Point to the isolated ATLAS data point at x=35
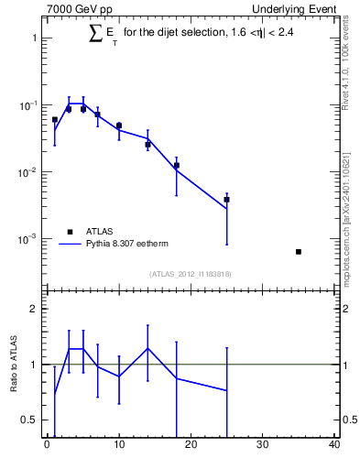[299, 251]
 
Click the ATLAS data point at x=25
[226, 199]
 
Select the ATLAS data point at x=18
[176, 166]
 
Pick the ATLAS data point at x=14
[147, 144]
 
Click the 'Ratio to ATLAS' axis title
[14, 365]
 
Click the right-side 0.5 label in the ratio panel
[346, 420]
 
